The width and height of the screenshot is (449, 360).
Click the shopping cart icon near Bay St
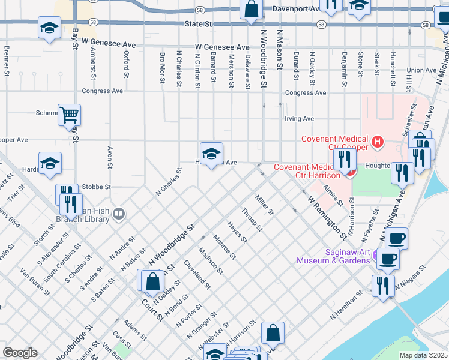(70, 114)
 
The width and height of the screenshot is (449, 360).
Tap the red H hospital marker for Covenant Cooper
(377, 142)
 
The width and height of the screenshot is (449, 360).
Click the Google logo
(20, 353)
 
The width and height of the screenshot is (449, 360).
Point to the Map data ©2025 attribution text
(423, 355)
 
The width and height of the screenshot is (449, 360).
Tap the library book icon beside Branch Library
(119, 214)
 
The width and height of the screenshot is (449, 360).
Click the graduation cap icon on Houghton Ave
(211, 154)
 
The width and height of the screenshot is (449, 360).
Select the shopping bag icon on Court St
(154, 280)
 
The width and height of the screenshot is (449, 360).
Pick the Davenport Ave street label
(295, 10)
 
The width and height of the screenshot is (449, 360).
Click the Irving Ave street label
(299, 119)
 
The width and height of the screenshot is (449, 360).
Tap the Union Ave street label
(421, 70)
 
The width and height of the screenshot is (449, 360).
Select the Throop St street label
(252, 220)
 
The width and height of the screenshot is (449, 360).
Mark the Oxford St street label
(127, 64)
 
